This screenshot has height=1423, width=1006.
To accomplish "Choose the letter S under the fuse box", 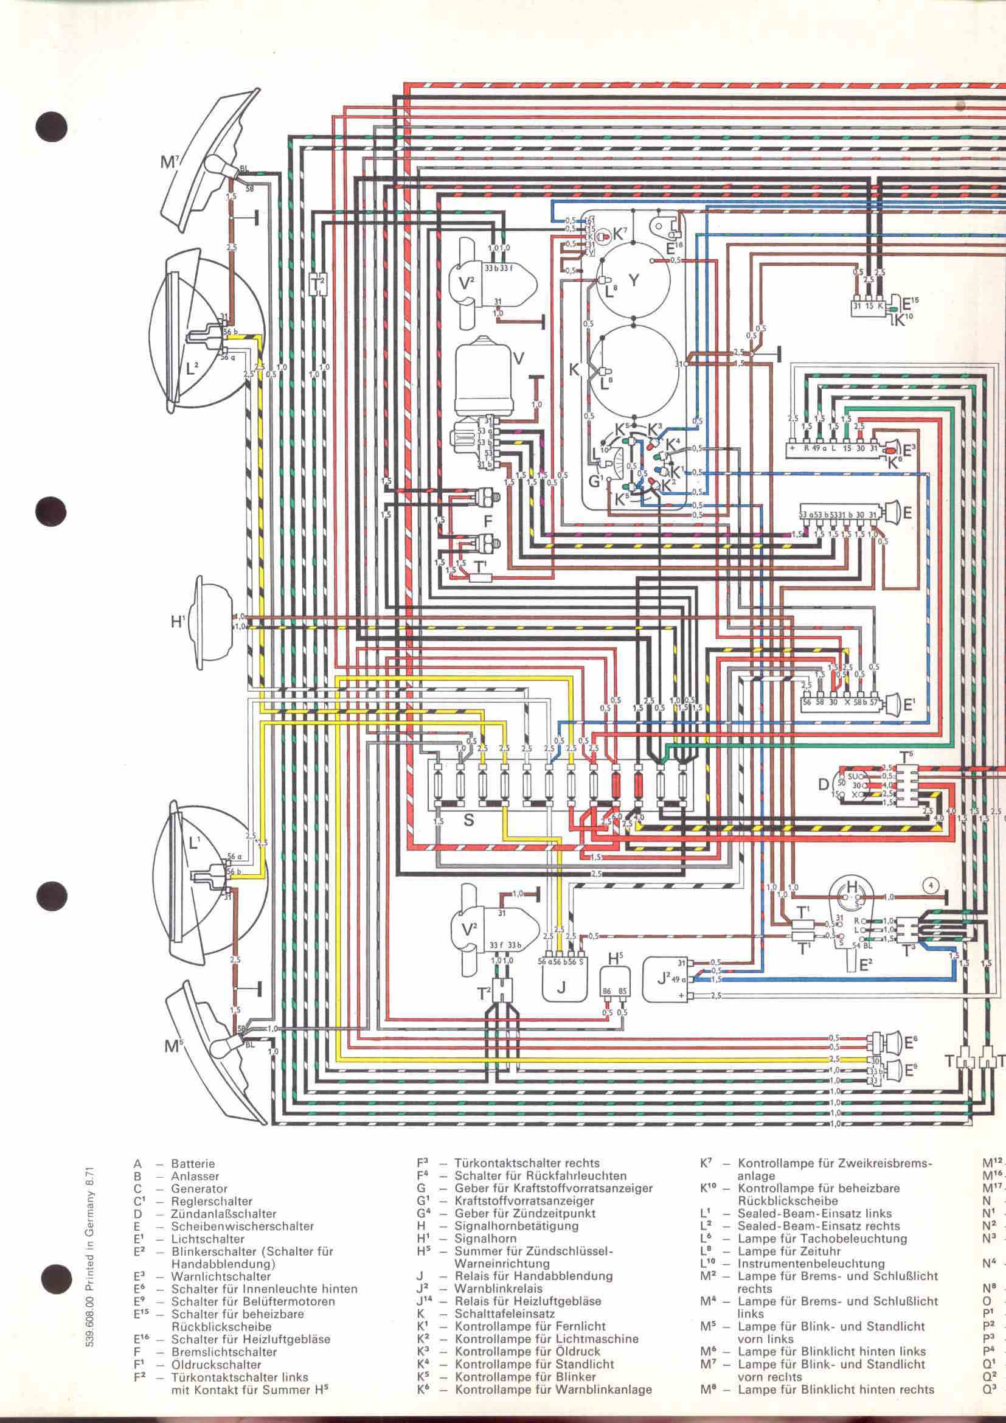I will pos(468,820).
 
